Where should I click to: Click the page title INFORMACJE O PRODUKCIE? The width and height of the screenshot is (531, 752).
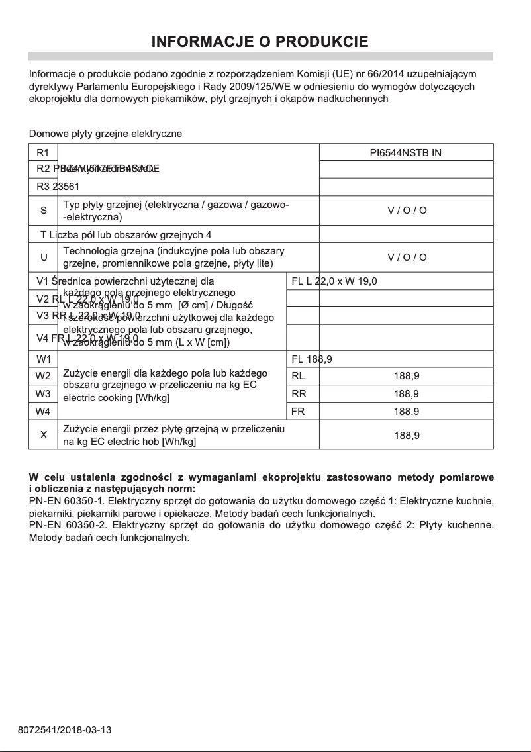[x=260, y=42]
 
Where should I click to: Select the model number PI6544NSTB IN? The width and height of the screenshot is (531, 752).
[x=406, y=153]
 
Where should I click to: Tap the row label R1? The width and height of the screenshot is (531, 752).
[x=43, y=153]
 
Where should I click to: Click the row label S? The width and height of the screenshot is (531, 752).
[x=43, y=211]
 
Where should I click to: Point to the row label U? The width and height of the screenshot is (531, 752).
[x=43, y=257]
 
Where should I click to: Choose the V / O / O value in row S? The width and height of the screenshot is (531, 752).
[x=407, y=211]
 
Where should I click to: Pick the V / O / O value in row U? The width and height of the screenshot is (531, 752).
[x=407, y=257]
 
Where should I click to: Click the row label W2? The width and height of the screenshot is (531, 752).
[x=43, y=376]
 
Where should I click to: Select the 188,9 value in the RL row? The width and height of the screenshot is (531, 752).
[x=407, y=376]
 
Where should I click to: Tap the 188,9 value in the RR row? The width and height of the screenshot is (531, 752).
[x=407, y=394]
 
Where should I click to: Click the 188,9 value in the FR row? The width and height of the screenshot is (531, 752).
[x=407, y=411]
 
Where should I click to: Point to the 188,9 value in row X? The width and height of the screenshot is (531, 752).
[x=407, y=435]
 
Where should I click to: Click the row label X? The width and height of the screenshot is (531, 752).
[x=43, y=435]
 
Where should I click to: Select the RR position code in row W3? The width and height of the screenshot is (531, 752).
[x=298, y=394]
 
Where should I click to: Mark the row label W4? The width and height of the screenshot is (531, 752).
[x=43, y=411]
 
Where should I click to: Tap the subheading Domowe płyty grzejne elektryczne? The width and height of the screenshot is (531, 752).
[x=105, y=134]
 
